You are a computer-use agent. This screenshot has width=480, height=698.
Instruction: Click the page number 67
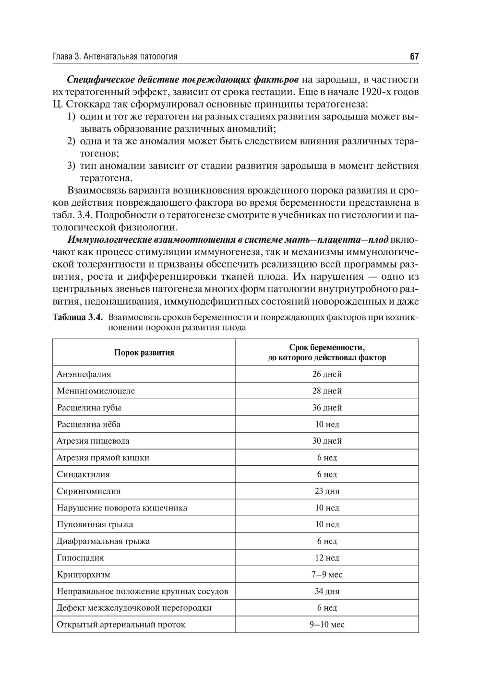[x=414, y=57]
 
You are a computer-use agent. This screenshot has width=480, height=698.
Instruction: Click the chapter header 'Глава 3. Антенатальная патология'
[x=115, y=57]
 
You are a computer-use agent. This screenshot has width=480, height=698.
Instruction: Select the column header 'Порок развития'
[x=144, y=353]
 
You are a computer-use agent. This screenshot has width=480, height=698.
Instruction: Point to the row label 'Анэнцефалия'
[x=84, y=374]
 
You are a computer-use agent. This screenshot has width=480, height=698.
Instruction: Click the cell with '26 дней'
[x=327, y=374]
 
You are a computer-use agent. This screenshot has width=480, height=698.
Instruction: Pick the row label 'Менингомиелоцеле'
[x=96, y=391]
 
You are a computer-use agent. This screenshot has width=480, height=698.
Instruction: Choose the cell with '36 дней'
[x=327, y=408]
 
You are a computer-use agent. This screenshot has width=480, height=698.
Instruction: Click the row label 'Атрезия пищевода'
[x=93, y=441]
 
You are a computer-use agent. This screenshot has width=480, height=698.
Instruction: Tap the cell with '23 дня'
[x=327, y=491]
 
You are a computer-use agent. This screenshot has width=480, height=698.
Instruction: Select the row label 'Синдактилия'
[x=83, y=474]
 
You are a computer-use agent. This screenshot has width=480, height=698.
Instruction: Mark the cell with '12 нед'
[x=327, y=558]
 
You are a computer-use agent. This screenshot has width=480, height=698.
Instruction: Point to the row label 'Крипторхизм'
[x=84, y=575]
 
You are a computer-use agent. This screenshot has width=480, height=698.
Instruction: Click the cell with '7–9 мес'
[x=327, y=575]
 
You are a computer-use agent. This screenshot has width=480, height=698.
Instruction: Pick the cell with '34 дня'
[x=327, y=592]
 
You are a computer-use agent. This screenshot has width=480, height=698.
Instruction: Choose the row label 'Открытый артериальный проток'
[x=121, y=625]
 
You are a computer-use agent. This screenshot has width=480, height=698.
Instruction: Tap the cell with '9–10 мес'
[x=327, y=625]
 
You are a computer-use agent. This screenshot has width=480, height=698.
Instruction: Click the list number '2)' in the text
[x=71, y=142]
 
